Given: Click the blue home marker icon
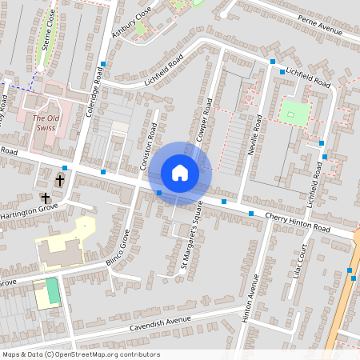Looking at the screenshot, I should (180, 173).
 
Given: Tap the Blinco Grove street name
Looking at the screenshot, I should (118, 250).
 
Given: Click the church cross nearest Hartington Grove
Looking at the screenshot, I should (46, 197).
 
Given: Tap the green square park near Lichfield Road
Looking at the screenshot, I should (294, 112).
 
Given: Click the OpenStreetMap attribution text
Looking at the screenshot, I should (81, 354).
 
